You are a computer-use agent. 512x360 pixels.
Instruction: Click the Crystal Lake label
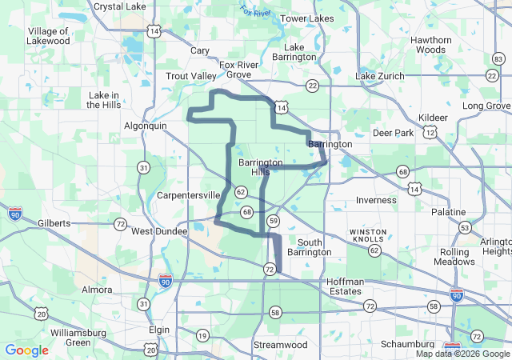coord(119,6)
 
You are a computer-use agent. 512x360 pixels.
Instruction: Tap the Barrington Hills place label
coord(260,167)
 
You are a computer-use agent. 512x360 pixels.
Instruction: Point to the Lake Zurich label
coord(380,75)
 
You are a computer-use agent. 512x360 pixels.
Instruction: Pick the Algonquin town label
coord(146,126)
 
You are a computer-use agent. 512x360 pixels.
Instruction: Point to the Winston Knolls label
coord(368,235)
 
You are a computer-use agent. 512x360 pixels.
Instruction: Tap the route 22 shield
coord(312,85)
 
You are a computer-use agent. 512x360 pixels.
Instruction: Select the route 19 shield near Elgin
coord(202,336)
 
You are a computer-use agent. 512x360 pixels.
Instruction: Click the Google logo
coord(27,350)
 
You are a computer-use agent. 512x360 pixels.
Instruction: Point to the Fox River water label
coord(255,12)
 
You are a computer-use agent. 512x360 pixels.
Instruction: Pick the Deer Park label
coord(394,133)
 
